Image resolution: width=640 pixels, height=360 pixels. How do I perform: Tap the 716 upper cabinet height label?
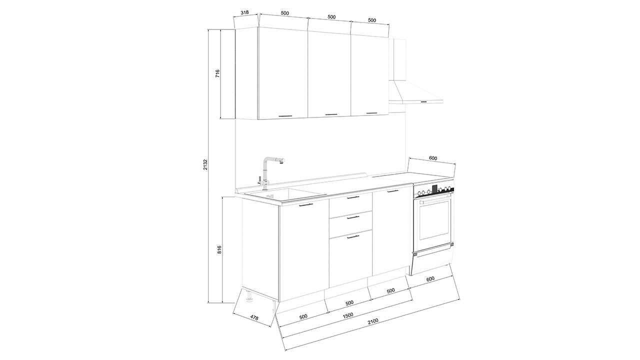pos(217,73)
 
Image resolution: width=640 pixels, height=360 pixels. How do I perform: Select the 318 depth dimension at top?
pos(245,12)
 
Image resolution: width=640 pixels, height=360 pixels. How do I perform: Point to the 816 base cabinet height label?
pos(219,250)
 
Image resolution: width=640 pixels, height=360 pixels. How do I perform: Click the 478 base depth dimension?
pos(254,318)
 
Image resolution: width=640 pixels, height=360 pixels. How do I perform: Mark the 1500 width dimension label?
pos(347,315)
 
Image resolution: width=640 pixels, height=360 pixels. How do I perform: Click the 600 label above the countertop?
pos(433,158)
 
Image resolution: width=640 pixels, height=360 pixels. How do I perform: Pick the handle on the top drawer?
pos(353,197)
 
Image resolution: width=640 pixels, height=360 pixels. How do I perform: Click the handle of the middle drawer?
pos(353,217)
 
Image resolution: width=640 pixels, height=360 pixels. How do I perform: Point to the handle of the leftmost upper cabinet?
pos(85,116)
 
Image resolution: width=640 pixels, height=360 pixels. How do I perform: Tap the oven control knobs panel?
pos(434,191)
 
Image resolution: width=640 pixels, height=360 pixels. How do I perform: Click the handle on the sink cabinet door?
pos(306,205)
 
